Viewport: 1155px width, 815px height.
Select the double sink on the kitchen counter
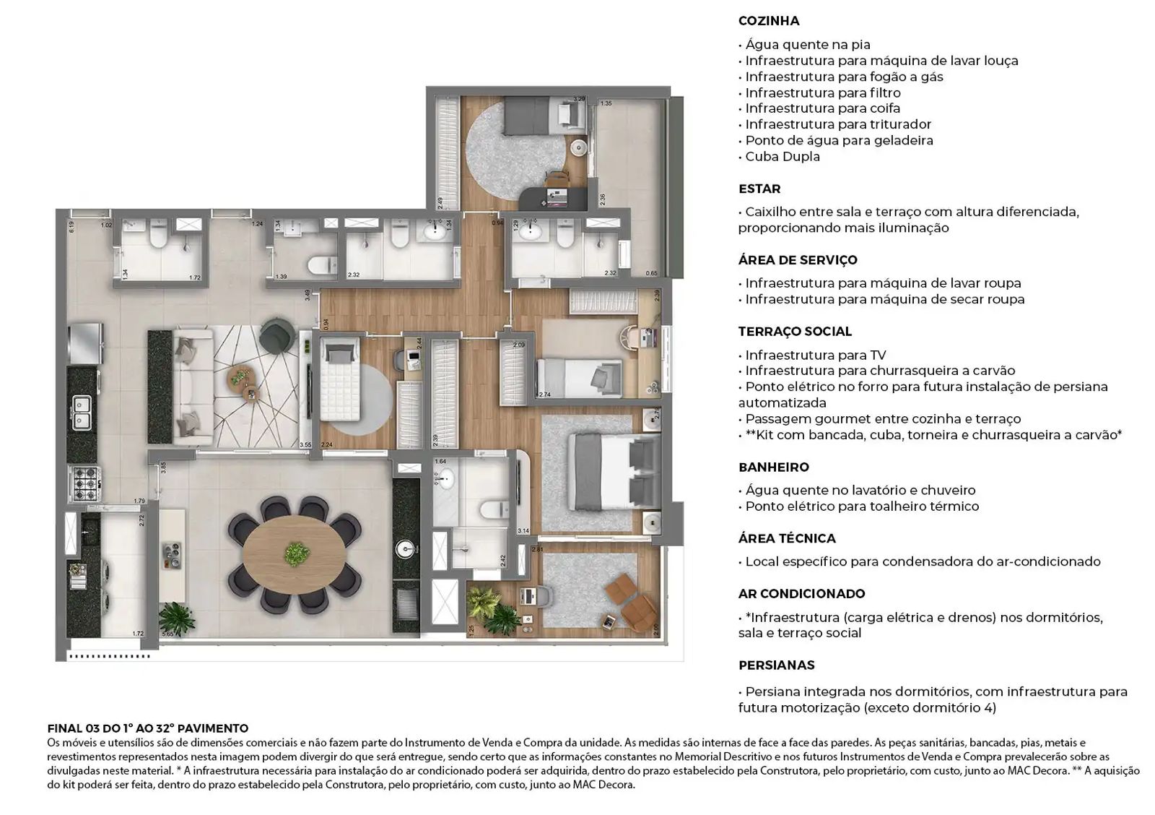tap(81, 412)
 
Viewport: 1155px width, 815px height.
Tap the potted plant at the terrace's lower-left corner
tap(176, 618)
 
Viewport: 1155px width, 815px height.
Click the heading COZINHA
tap(768, 21)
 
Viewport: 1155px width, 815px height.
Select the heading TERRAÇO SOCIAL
tap(794, 332)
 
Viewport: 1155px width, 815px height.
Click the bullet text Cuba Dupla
tap(782, 157)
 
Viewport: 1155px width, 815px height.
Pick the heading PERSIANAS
tap(776, 665)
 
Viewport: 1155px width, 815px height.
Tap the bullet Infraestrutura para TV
tap(815, 355)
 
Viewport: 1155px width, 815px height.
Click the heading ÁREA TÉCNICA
tap(786, 539)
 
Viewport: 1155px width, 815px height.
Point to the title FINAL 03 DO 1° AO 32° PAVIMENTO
tap(147, 728)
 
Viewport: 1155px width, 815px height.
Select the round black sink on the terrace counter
tap(406, 550)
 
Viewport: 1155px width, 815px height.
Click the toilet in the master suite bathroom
tap(495, 510)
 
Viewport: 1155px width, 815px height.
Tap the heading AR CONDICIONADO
tap(801, 594)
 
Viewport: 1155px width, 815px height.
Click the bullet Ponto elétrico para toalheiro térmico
tap(862, 506)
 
